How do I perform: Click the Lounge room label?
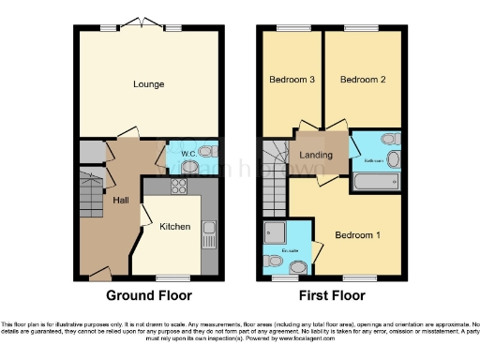coord(149,84)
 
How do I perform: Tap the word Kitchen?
coord(174,227)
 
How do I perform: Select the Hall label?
coord(121,201)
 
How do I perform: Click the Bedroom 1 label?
coord(357,234)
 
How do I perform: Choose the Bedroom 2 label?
coord(363,81)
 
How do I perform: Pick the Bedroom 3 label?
coord(291,81)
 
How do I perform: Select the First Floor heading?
coord(333,294)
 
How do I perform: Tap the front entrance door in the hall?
coord(97,275)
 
